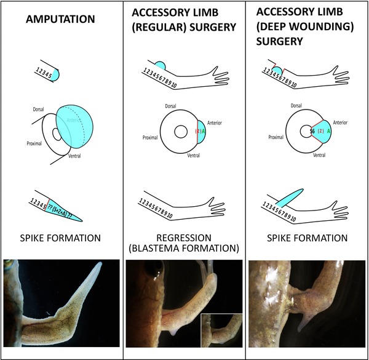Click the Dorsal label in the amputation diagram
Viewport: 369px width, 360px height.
(x=41, y=109)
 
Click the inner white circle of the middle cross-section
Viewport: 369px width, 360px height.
(x=180, y=132)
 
